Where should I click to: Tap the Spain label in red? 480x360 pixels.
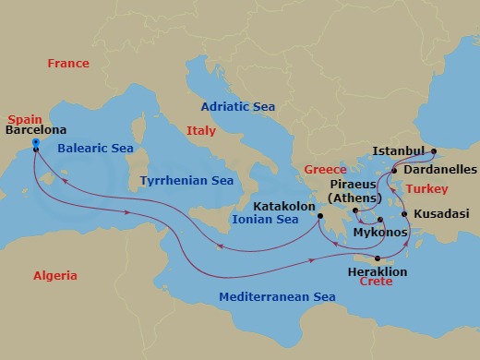(24, 120)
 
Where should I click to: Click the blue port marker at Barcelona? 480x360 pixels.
(35, 143)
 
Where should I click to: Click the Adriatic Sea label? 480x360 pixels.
(233, 106)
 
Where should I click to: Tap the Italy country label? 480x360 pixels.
(200, 131)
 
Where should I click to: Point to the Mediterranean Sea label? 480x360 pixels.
(276, 297)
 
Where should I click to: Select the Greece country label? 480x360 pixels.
(325, 170)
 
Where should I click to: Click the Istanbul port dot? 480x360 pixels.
(434, 150)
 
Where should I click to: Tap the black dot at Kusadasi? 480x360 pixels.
(405, 214)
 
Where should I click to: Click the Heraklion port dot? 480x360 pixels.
(378, 258)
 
